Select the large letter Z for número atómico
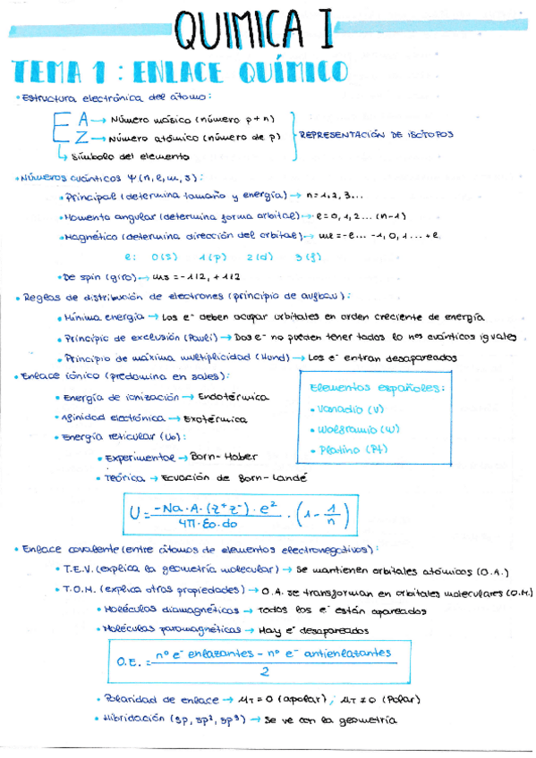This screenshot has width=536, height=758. pos(82,138)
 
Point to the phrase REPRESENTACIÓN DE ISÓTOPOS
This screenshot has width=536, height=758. pos(376,136)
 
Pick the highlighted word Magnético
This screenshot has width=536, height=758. pos(89,237)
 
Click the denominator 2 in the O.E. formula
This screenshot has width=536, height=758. pos(265,672)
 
